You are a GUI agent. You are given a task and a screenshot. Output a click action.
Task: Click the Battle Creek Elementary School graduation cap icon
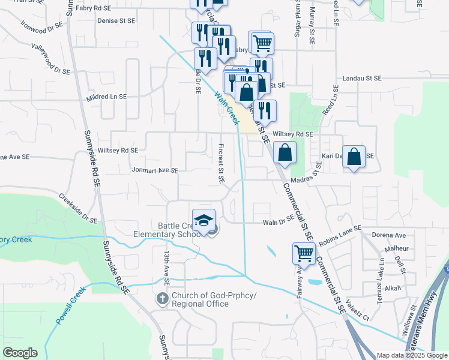coord(203,220)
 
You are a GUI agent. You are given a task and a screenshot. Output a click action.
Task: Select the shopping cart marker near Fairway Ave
coord(304,254)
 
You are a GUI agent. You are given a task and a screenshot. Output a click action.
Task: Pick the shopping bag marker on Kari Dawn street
coord(355,157)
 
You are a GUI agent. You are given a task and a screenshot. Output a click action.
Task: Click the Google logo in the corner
coord(20,353)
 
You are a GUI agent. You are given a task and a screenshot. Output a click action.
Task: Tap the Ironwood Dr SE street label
coord(41,26)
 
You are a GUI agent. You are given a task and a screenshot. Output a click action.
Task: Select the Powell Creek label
coord(71,306)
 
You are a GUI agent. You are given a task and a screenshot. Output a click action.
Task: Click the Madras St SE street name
coord(312,179)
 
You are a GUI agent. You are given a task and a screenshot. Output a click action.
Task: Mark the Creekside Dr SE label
coord(77,208)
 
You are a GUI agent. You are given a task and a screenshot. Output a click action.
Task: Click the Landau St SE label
coord(362,78)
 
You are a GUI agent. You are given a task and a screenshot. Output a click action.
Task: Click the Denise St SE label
coord(116,19)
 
